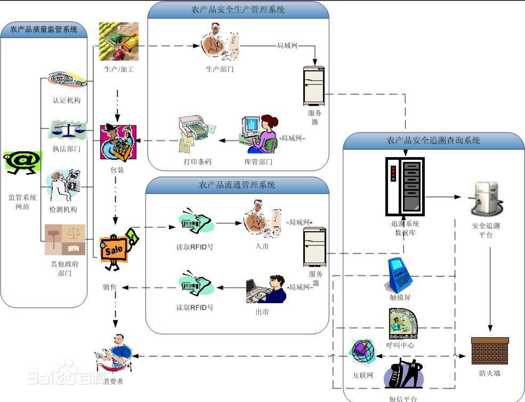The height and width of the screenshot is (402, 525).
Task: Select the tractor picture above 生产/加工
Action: [118, 41]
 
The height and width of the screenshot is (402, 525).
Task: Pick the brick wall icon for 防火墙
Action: [490, 350]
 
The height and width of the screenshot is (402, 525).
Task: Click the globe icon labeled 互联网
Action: [363, 353]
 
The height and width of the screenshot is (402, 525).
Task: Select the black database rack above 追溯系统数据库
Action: [405, 187]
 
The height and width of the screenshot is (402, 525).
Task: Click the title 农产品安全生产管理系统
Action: [238, 10]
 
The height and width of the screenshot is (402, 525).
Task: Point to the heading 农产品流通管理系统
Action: [237, 185]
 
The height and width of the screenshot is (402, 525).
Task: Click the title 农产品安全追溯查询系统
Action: [434, 141]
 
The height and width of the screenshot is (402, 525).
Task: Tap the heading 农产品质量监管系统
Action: [44, 30]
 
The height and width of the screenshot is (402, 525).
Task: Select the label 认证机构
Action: [67, 100]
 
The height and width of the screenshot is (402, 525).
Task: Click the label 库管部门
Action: [259, 161]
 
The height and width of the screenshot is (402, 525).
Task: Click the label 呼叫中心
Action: [400, 345]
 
